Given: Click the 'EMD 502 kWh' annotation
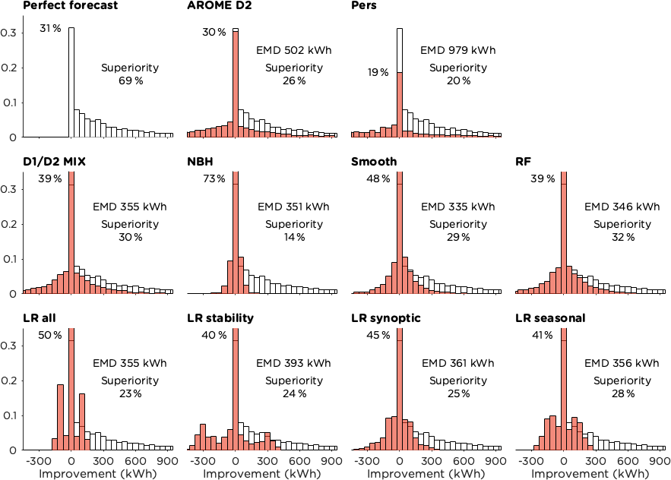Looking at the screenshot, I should click(294, 51).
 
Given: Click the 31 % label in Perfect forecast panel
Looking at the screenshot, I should click(50, 30).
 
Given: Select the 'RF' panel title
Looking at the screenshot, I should click(522, 162).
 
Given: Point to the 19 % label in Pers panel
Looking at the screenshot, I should click(378, 73).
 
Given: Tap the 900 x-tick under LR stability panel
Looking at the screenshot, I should click(330, 460).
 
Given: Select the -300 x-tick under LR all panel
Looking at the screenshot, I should click(36, 460).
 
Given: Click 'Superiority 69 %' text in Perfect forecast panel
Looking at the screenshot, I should click(130, 74).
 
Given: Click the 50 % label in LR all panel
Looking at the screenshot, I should click(49, 336).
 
